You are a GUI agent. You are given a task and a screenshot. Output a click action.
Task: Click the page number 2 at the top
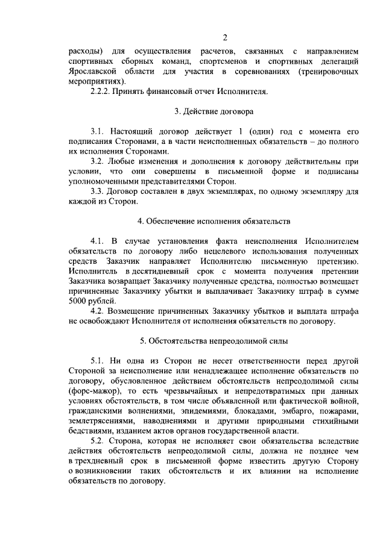click(223, 38)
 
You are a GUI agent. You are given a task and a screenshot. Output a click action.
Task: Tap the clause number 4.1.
click(98, 241)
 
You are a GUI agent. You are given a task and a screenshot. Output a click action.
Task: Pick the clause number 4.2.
click(98, 311)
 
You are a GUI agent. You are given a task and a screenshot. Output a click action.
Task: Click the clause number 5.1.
click(98, 360)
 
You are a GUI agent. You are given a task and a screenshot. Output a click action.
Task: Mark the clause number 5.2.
click(98, 440)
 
